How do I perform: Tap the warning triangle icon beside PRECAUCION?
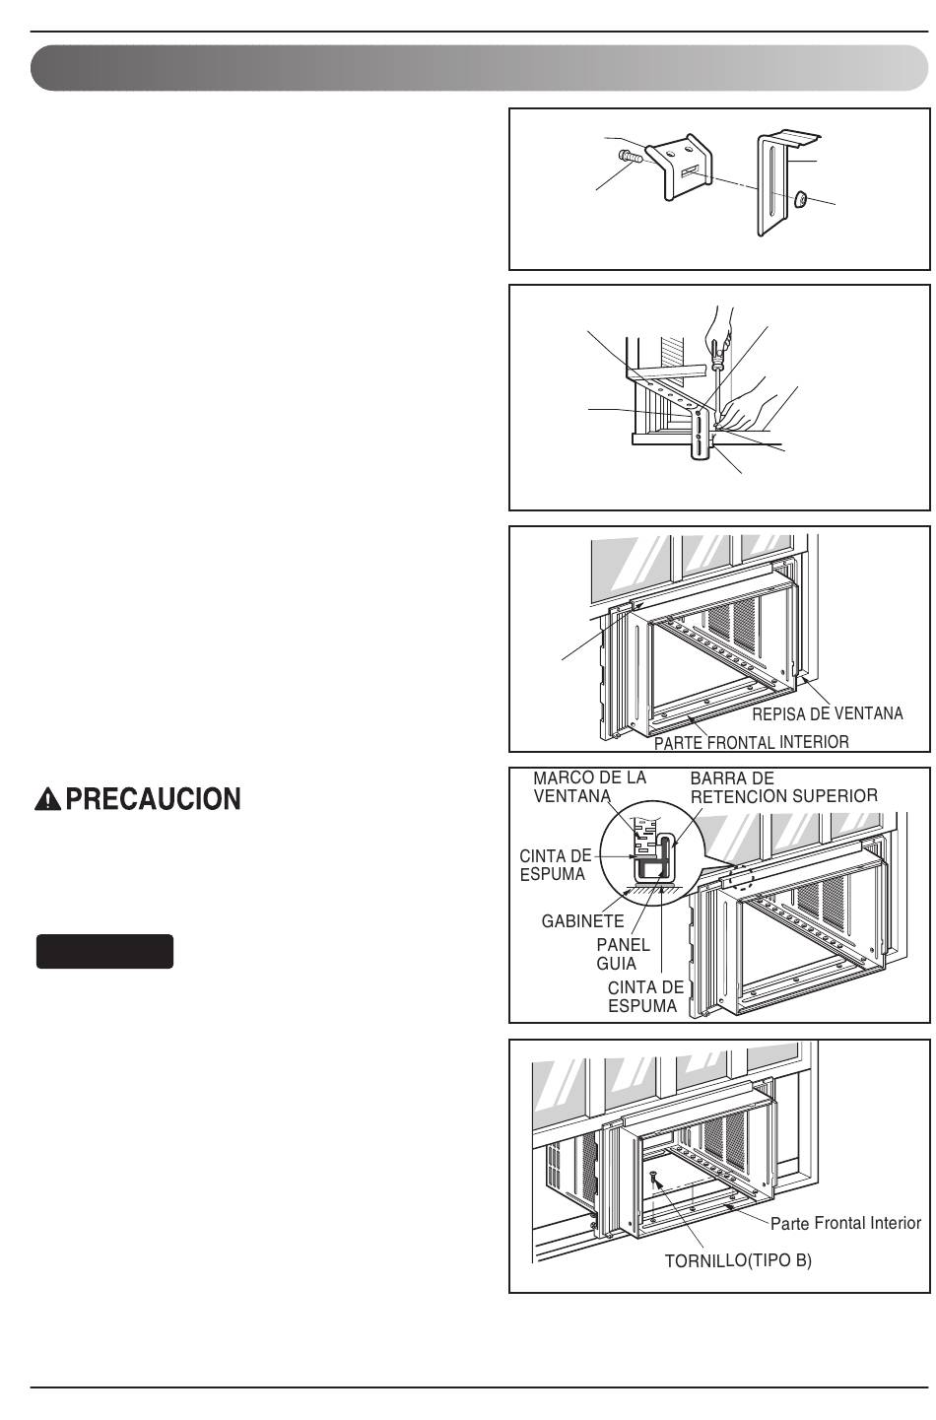point(47,799)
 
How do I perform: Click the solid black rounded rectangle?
point(104,951)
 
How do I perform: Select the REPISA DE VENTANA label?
point(827,713)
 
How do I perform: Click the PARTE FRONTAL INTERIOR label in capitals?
point(751,742)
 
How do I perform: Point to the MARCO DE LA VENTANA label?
point(589,786)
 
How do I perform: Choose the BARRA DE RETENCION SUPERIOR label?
point(783,786)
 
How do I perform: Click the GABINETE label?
point(582,921)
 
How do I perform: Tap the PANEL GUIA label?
point(623,954)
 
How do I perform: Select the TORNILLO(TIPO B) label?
point(738,1261)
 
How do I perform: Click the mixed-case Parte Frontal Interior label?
point(845,1223)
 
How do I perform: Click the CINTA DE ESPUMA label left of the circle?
point(555,864)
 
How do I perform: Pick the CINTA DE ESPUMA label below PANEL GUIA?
point(645,996)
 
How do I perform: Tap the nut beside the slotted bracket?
point(800,199)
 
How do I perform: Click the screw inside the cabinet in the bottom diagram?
point(653,1179)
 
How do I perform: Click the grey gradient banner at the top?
point(479,68)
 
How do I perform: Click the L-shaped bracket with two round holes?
point(679,167)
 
